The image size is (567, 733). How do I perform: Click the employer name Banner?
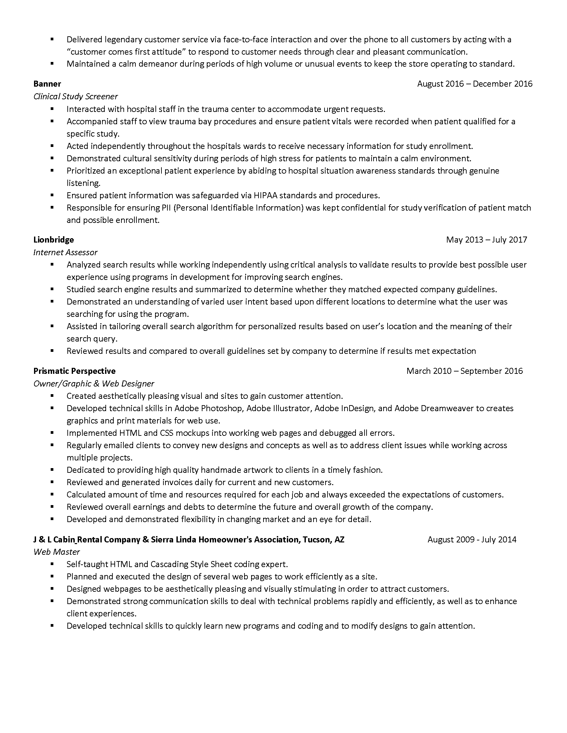(x=47, y=84)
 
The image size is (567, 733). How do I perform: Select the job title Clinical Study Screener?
(x=76, y=97)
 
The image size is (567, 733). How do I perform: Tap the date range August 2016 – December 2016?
(x=475, y=84)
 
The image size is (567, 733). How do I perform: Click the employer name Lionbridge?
(x=53, y=240)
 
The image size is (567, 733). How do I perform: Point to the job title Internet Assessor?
(x=65, y=253)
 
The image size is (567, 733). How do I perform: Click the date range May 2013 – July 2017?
(x=486, y=240)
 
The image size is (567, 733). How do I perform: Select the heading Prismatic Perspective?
(x=74, y=371)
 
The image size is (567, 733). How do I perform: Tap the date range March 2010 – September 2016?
(x=464, y=371)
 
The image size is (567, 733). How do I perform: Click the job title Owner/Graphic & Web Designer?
(x=94, y=383)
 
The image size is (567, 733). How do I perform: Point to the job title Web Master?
(x=56, y=552)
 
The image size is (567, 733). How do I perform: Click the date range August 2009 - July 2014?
(x=472, y=539)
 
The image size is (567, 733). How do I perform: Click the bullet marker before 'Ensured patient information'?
(x=52, y=195)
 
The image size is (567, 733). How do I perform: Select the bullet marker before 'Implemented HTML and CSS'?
(x=52, y=432)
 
